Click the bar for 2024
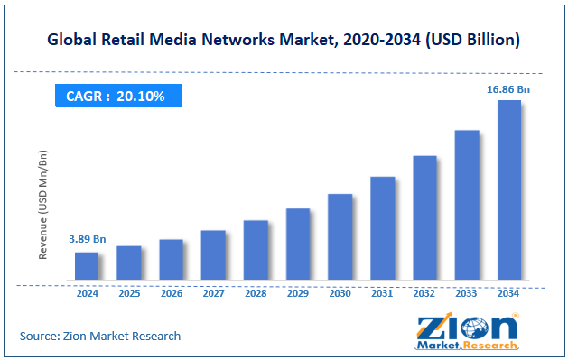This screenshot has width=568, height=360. tap(87, 265)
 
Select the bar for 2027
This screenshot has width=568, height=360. tap(213, 254)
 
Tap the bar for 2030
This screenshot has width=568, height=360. tap(340, 236)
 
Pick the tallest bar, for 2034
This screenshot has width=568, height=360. tap(508, 189)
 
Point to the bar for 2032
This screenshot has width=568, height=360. tap(424, 217)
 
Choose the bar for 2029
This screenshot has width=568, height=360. tap(298, 244)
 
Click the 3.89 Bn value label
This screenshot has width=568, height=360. tap(88, 239)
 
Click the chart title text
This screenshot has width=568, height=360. tap(284, 40)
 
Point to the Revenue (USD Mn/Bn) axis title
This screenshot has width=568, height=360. tap(42, 205)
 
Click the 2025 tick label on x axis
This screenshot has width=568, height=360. tap(129, 293)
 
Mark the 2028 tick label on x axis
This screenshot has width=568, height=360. tap(256, 293)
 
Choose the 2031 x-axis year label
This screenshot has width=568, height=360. tap(382, 293)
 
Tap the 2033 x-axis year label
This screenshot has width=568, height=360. tap(466, 293)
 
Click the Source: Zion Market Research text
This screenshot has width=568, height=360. tap(100, 336)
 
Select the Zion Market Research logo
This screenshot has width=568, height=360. tap(468, 331)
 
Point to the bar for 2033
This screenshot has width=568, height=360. tap(466, 205)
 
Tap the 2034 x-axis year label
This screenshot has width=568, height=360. tap(508, 293)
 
